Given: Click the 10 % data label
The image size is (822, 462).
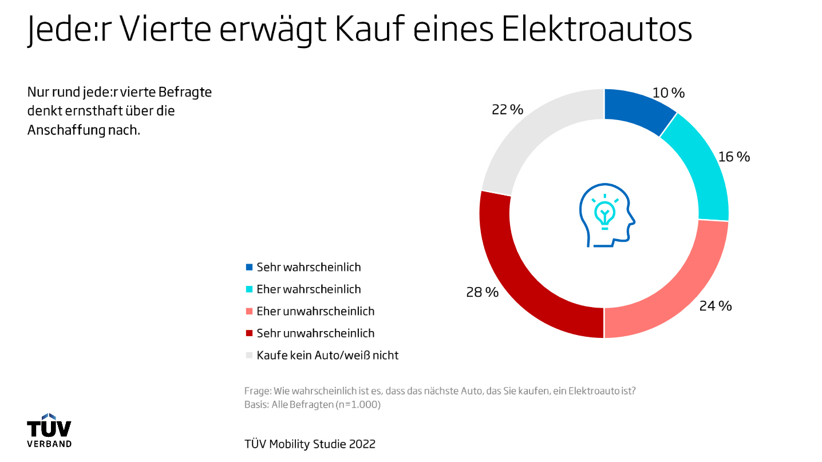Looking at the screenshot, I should (669, 93).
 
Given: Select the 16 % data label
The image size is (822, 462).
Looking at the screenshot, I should (734, 157).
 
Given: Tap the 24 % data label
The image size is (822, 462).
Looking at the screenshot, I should (716, 306).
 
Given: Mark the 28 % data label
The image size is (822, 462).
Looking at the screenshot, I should (483, 293).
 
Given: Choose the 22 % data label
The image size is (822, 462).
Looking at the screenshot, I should (507, 110).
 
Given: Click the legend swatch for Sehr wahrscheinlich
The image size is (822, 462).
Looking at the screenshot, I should (249, 267).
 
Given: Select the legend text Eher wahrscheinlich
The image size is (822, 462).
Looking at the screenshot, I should (309, 289).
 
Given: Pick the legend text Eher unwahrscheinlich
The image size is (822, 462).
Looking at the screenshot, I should (315, 311).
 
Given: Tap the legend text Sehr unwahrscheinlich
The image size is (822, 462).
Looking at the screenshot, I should (315, 333).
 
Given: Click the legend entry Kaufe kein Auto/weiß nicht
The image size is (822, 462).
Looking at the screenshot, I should (327, 355).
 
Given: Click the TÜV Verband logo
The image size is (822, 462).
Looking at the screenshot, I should (49, 431).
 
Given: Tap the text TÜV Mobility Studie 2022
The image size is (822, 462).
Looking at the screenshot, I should (310, 444).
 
